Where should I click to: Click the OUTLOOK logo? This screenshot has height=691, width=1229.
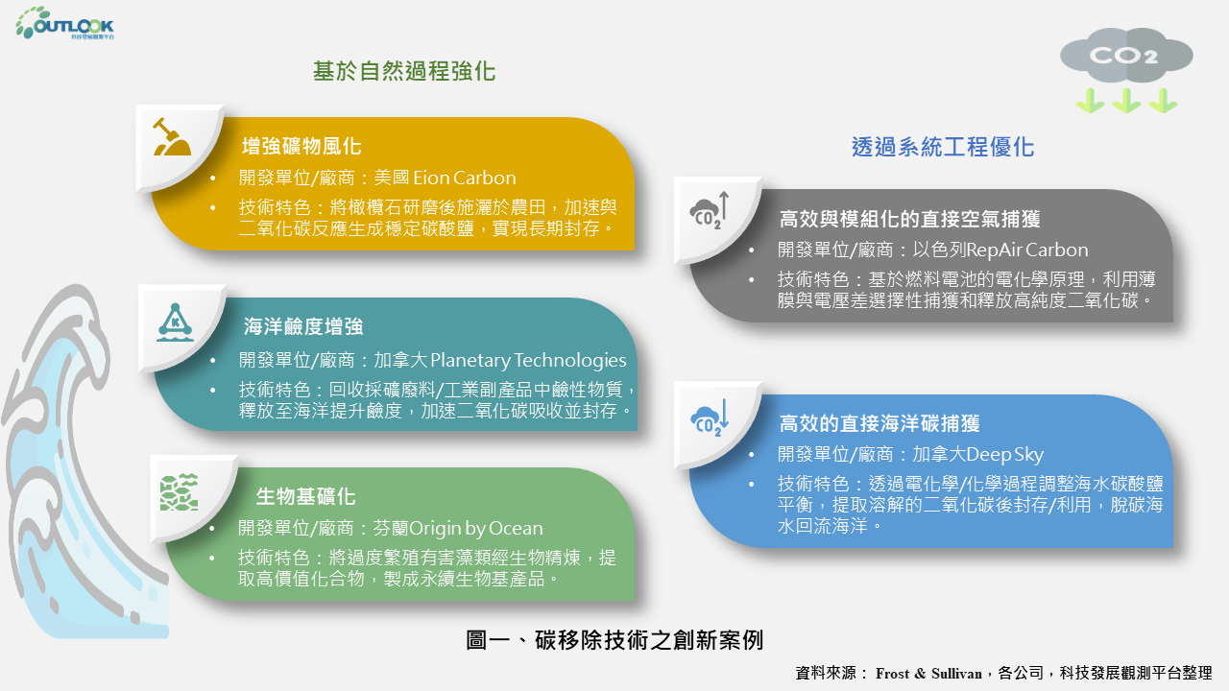[x=64, y=24]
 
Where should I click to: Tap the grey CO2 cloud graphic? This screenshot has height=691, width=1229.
[x=1126, y=55]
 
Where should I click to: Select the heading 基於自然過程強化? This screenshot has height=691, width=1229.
[x=404, y=71]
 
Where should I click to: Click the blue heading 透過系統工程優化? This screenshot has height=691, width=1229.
[x=943, y=147]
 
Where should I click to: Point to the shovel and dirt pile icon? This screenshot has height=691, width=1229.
[x=172, y=137]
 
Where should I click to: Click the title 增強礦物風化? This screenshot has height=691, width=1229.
[x=301, y=147]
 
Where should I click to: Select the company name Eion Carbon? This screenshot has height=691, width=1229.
[x=464, y=178]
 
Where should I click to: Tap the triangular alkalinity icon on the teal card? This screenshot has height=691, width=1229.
[x=175, y=322]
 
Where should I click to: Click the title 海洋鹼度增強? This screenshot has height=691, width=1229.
[x=303, y=326]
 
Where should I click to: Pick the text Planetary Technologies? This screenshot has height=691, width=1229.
[x=528, y=360]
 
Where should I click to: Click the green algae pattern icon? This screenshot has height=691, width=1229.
[x=179, y=492]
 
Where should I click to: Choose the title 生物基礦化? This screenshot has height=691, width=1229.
[x=305, y=496]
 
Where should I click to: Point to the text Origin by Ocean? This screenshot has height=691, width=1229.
[x=475, y=528]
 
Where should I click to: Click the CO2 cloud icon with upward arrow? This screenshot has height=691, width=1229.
[x=710, y=210]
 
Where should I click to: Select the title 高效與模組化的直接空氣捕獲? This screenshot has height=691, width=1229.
[x=909, y=219]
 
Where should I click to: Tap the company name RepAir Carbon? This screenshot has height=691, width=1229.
[x=1027, y=250]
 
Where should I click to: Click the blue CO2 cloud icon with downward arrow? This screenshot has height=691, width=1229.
[x=710, y=417]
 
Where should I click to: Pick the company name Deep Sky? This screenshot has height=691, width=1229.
[x=1004, y=455]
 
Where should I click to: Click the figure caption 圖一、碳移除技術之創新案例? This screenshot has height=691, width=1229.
[x=614, y=640]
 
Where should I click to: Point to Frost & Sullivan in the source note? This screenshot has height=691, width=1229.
[x=928, y=673]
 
